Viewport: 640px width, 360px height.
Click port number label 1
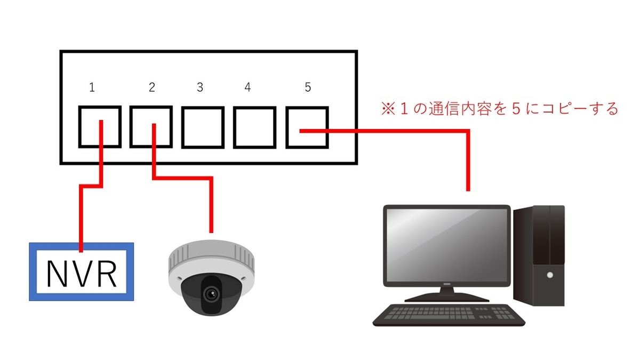tap(92, 87)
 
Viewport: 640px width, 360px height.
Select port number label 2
tap(152, 87)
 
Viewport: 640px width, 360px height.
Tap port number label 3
tap(199, 87)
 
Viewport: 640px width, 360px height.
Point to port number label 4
tap(247, 87)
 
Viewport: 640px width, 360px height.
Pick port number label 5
tap(308, 87)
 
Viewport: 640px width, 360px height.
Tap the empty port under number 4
tap(254, 127)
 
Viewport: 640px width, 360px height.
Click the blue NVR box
tap(81, 272)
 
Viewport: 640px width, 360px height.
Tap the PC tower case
tap(539, 256)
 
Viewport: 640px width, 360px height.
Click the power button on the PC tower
tap(549, 275)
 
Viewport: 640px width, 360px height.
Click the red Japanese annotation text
tap(499, 109)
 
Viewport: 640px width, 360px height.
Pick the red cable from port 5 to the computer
tap(468, 155)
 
